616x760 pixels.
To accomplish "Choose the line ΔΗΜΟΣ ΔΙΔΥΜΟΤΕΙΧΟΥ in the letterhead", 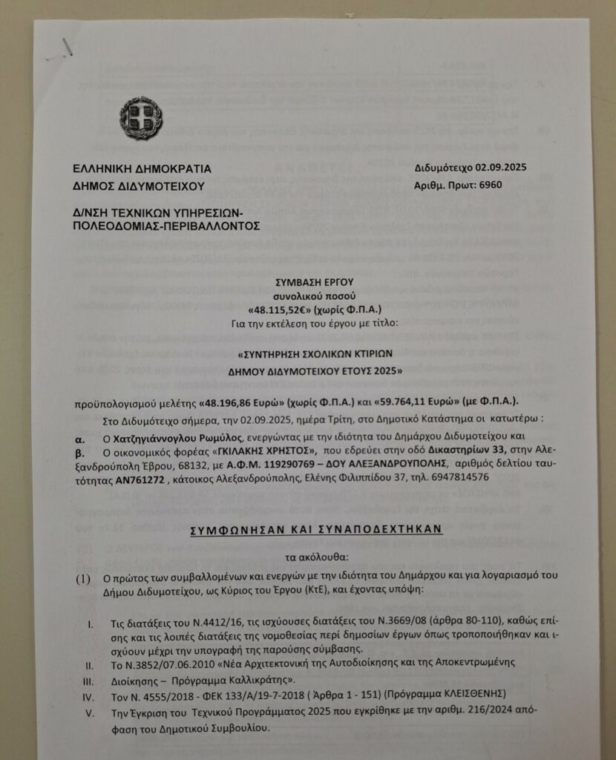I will [x=139, y=186].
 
